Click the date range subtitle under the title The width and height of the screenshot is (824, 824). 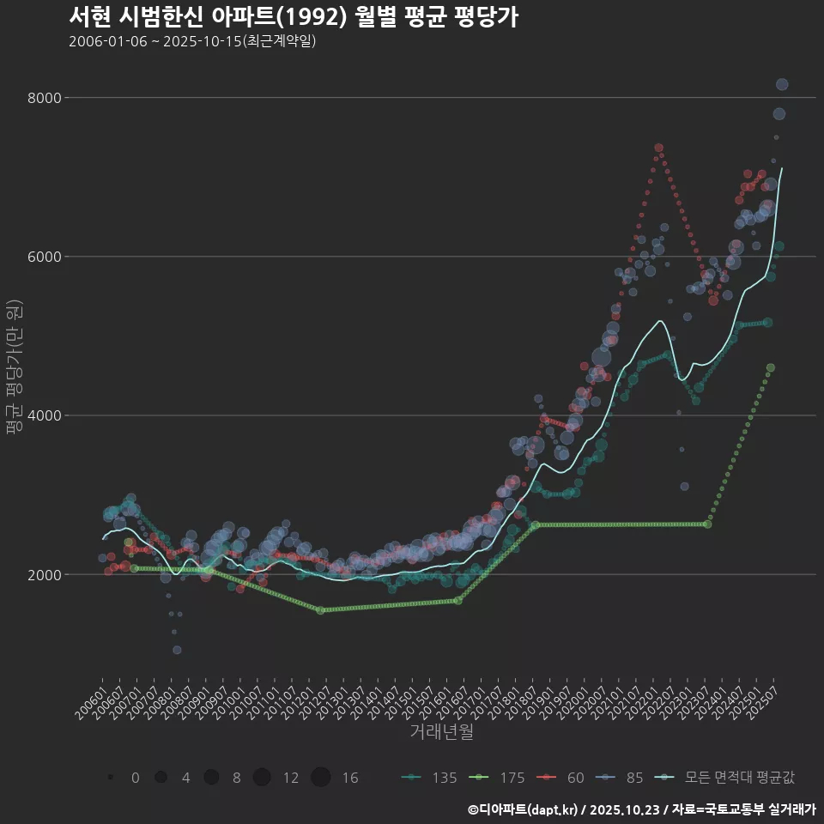tap(192, 41)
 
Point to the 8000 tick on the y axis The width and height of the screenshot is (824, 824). tap(44, 98)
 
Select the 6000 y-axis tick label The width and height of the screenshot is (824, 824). tap(44, 257)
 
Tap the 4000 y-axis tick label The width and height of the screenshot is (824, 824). tap(44, 415)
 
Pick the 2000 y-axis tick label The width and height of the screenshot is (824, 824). tap(44, 574)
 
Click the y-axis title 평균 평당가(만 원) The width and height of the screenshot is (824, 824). tap(15, 369)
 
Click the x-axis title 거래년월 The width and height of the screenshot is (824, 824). tap(441, 732)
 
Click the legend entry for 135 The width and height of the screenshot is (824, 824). tap(429, 778)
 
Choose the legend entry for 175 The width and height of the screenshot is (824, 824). tap(497, 778)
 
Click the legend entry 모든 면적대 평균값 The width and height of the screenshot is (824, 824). tap(725, 778)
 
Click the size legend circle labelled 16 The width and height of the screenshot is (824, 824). tap(321, 778)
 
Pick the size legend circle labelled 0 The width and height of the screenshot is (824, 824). tap(111, 778)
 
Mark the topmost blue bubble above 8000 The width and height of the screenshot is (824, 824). tap(782, 84)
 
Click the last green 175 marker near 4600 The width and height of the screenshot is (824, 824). tap(771, 367)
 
